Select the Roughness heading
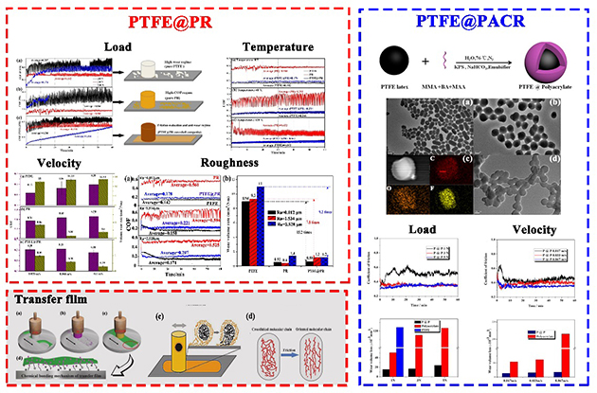click(x=275, y=162)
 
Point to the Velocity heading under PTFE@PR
click(x=53, y=162)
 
